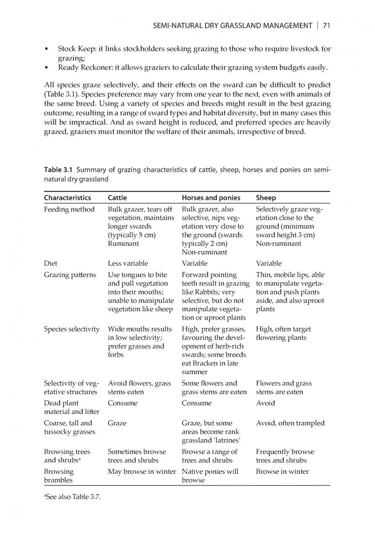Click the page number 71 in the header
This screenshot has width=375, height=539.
[326, 26]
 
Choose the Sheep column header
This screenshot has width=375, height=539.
[266, 197]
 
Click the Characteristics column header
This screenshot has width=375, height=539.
[67, 197]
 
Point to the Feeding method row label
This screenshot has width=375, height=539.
[69, 209]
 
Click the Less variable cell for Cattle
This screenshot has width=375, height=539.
[128, 263]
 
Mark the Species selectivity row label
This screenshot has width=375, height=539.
[71, 329]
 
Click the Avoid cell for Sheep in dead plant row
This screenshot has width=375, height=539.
[265, 403]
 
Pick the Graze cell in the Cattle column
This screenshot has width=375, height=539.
[117, 423]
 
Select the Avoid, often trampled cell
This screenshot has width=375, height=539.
[290, 423]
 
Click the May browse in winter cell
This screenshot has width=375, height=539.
[142, 472]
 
